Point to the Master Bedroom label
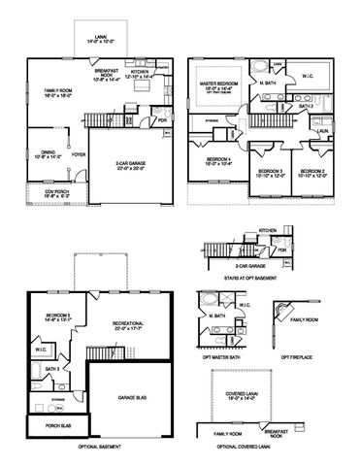pyautogui.click(x=218, y=85)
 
